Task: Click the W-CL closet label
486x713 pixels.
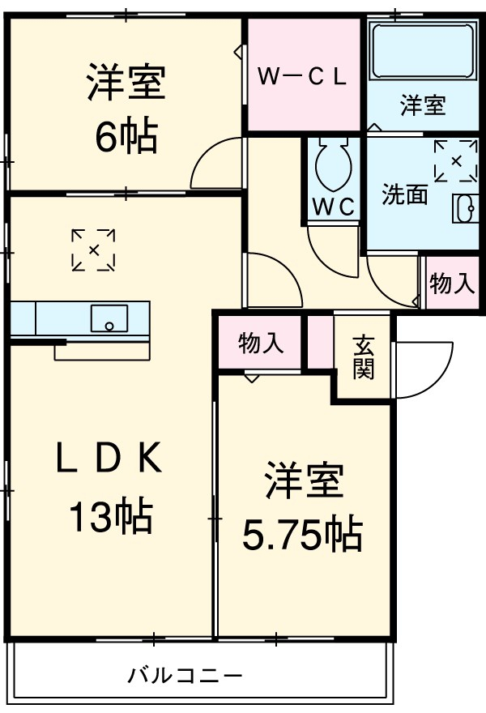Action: point(303,76)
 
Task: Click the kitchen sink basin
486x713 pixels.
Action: point(108,317)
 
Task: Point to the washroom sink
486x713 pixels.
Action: point(467,208)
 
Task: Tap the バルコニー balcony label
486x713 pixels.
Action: point(185,675)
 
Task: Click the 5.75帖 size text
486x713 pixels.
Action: point(303,532)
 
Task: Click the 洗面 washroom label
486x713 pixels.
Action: point(404,194)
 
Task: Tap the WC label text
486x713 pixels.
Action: point(335,206)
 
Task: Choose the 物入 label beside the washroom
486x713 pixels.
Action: point(451,284)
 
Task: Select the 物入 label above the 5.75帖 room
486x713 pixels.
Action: point(261,344)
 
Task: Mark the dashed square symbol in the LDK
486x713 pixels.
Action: point(93,250)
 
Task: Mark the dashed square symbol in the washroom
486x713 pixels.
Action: point(456,160)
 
